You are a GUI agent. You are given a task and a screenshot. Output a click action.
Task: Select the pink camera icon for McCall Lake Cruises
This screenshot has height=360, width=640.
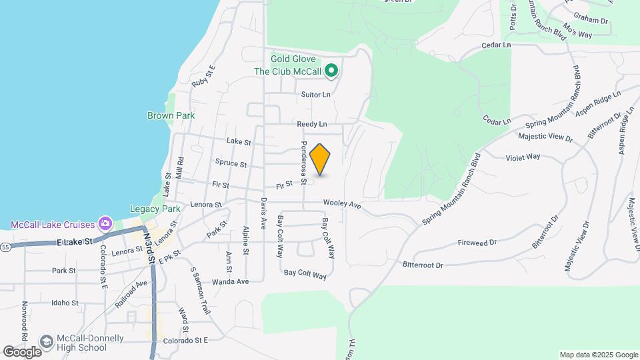click(105, 222)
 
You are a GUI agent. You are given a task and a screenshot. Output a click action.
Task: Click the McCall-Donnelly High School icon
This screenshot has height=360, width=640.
click(47, 342)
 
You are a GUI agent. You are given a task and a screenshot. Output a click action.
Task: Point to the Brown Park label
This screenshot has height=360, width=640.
click(171, 115)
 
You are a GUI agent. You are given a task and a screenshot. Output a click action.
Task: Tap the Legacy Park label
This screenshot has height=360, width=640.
click(155, 209)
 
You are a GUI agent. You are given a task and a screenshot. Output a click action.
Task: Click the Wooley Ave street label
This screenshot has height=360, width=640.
click(341, 205)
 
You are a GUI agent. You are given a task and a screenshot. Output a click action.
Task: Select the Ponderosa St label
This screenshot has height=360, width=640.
click(303, 162)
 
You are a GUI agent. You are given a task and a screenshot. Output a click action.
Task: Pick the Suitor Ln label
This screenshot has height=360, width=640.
click(316, 95)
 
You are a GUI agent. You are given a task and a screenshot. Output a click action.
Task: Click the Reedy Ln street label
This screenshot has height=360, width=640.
click(313, 124)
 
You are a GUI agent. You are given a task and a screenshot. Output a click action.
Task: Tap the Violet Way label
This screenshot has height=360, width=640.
click(523, 157)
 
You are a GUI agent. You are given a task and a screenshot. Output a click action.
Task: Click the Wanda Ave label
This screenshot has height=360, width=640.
click(230, 281)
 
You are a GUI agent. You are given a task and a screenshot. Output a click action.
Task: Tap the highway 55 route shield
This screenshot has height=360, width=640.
click(5, 246)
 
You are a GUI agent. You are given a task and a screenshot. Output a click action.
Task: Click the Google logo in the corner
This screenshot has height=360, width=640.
click(22, 351)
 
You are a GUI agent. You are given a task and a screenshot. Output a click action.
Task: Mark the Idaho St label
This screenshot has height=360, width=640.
click(65, 303)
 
